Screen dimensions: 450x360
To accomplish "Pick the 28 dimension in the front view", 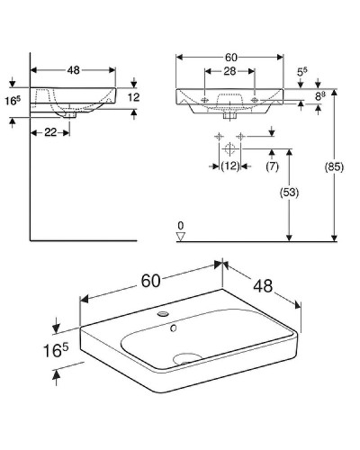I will pos(229,72).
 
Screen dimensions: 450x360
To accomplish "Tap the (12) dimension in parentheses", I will pos(229,166).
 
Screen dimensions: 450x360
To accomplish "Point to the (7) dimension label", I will pos(271,166).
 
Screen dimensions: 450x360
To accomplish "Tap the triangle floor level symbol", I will pos(181,237).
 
